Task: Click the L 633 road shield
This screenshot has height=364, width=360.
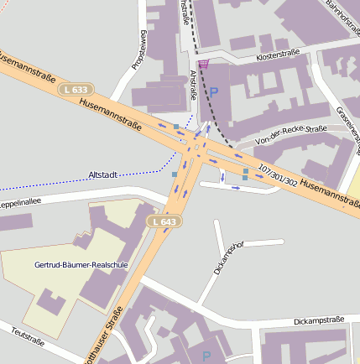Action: click(76, 89)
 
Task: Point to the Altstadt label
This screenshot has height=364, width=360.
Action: click(104, 174)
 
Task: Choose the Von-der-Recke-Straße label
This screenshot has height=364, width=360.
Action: click(291, 129)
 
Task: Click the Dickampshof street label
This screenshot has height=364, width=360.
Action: click(228, 257)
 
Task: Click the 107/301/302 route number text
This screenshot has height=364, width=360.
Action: click(278, 174)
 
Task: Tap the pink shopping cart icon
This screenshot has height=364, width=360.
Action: click(203, 64)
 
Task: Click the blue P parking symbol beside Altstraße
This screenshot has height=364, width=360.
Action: click(213, 92)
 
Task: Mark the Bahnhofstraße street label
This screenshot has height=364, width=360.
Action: click(342, 18)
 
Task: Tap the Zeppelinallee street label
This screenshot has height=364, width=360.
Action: click(18, 203)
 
